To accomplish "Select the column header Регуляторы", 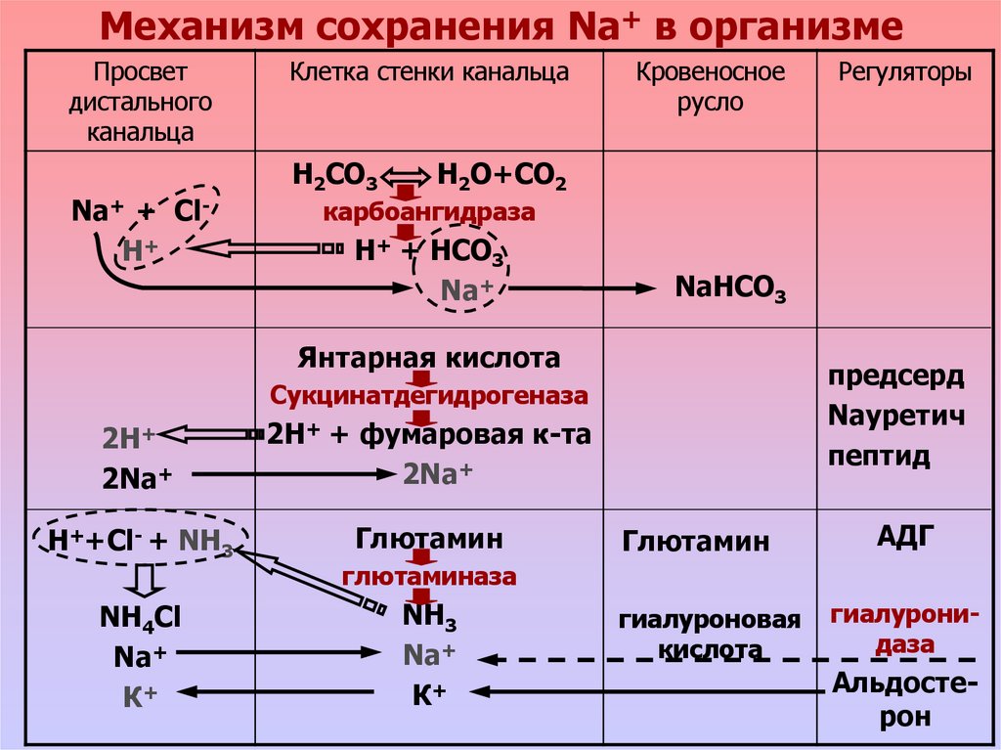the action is pyautogui.click(x=905, y=73).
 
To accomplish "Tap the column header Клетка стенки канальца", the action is pyautogui.click(x=429, y=73).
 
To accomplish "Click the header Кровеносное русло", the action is pyautogui.click(x=711, y=86).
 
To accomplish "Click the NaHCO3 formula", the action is pyautogui.click(x=730, y=288).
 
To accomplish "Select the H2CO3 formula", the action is pyautogui.click(x=335, y=178).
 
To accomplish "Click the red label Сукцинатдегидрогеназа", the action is pyautogui.click(x=429, y=396).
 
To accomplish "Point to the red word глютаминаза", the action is pyautogui.click(x=429, y=577).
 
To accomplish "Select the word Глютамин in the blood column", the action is pyautogui.click(x=695, y=541).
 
